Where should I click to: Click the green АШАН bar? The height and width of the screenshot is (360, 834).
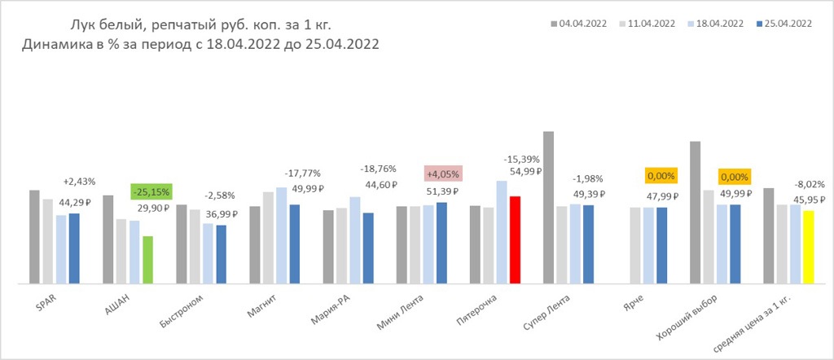147,260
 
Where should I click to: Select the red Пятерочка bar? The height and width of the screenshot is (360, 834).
515,239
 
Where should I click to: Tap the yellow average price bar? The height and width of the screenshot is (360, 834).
808,247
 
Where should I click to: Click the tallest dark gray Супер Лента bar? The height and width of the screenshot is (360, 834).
548,207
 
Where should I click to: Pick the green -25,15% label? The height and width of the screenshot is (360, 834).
149,192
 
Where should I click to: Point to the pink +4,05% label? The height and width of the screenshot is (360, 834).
443,173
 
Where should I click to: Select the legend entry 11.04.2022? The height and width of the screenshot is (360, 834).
648,24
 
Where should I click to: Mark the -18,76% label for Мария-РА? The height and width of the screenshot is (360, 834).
378,169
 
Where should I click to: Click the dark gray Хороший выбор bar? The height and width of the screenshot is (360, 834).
695,212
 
